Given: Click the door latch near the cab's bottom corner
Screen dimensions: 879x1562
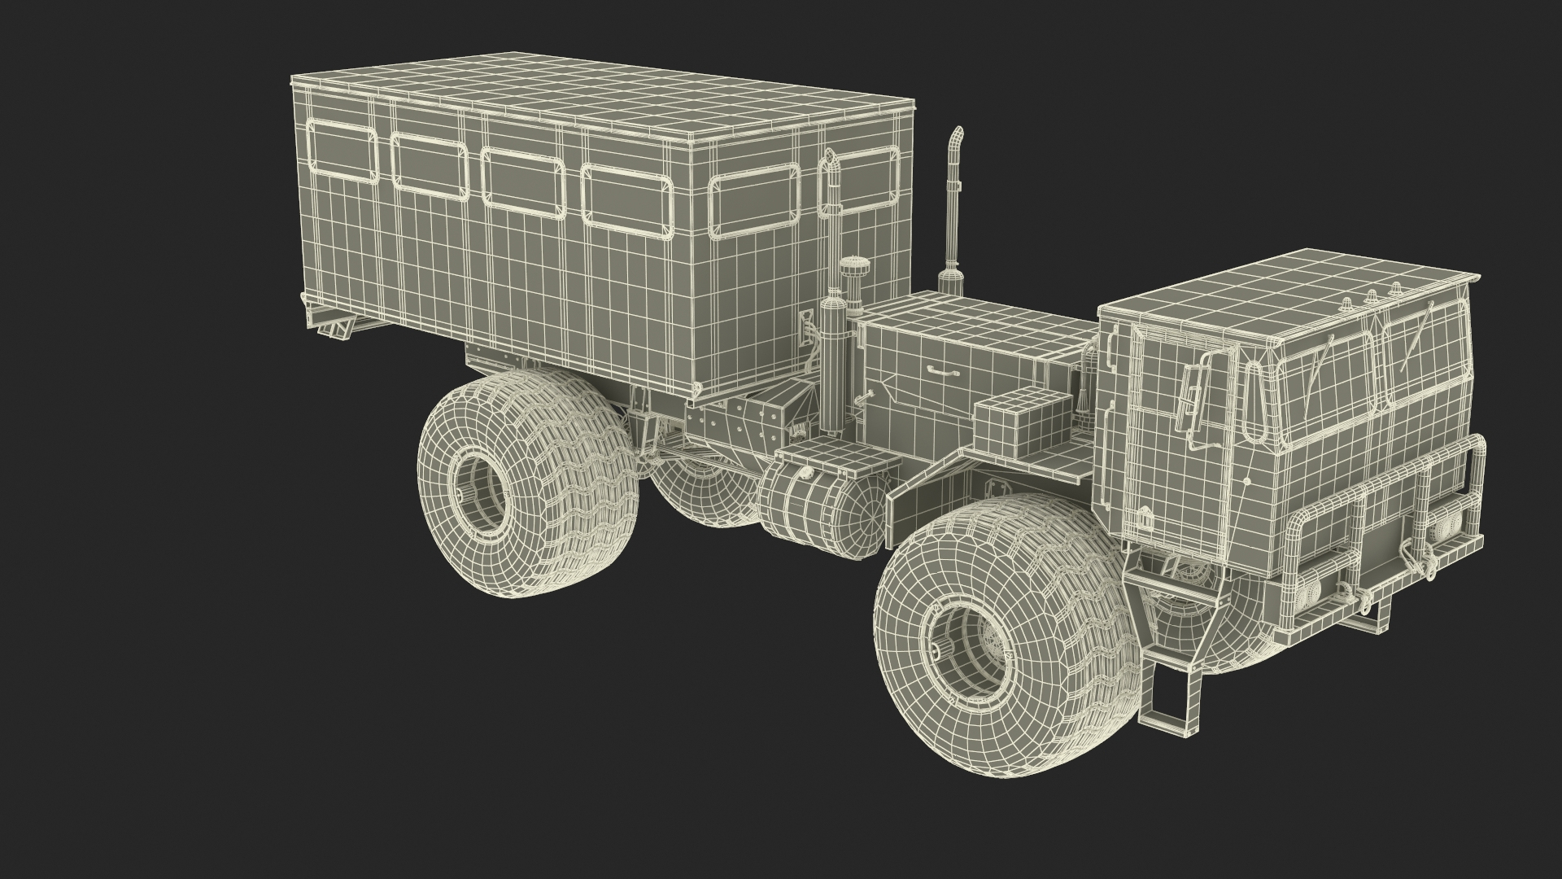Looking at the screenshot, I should click(1145, 516).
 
